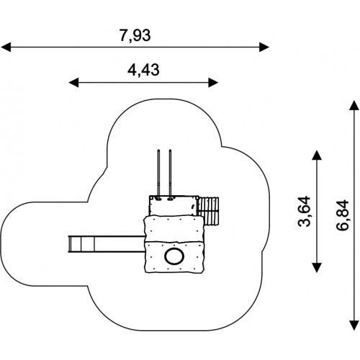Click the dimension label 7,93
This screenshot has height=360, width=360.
click(x=135, y=35)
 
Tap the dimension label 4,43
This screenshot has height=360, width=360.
click(x=143, y=71)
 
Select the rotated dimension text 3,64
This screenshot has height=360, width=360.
click(x=304, y=212)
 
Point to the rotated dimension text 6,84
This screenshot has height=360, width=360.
click(x=342, y=215)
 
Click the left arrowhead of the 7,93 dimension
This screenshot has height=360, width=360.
click(x=6, y=47)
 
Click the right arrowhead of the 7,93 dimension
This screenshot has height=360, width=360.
click(x=264, y=47)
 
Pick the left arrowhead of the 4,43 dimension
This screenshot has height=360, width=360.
click(x=73, y=83)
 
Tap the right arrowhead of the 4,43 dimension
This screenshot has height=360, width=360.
click(x=213, y=83)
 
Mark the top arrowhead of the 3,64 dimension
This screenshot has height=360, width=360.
click(x=317, y=155)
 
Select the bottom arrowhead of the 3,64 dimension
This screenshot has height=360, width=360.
click(x=317, y=268)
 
